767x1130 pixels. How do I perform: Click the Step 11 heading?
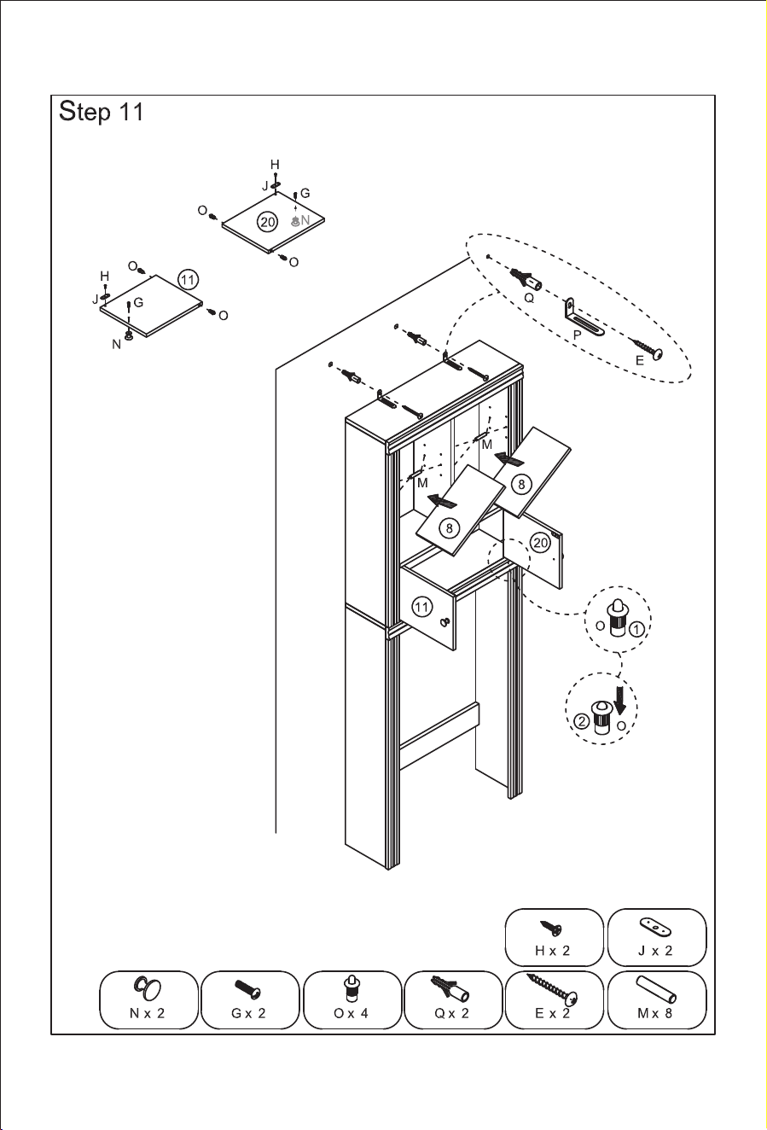coord(102,112)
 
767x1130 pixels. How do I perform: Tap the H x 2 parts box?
coord(554,938)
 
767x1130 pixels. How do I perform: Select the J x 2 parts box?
coord(657,938)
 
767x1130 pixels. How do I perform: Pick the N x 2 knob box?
coord(148,1000)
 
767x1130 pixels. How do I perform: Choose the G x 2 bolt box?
coord(250,1000)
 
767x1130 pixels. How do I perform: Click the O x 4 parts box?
coord(352,1000)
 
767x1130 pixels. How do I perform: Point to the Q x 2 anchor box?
coord(453,1000)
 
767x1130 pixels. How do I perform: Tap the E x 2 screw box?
coord(555,1000)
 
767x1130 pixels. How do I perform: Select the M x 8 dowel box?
coord(657,1000)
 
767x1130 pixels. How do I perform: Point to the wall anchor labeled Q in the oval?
coord(526,279)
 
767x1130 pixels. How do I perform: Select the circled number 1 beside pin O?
coord(637,629)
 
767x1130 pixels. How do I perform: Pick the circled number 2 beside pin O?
coord(581,721)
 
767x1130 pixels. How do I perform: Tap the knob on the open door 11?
coord(445,622)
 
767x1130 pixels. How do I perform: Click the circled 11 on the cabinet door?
coord(421,607)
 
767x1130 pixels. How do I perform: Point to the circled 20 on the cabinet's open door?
coord(540,543)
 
